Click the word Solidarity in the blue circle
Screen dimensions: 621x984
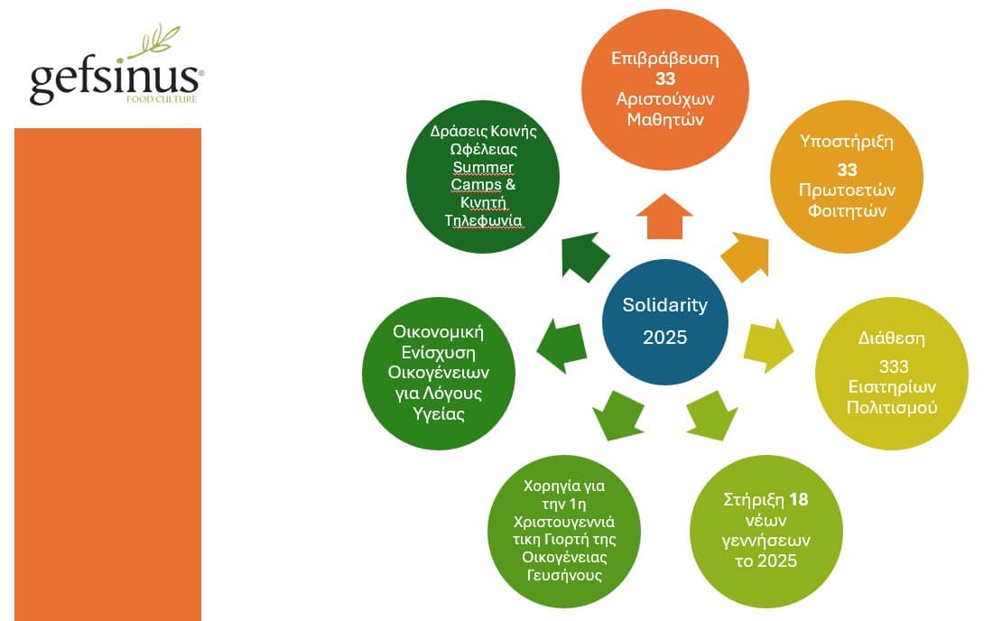[x=664, y=305]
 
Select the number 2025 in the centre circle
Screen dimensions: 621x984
[x=664, y=338]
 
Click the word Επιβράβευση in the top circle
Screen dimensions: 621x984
[x=665, y=59]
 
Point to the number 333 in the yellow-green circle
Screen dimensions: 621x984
[x=893, y=366]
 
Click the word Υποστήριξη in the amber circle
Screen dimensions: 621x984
[x=846, y=142]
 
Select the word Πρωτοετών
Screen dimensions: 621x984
[x=846, y=190]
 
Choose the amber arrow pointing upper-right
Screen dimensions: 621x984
[x=744, y=256]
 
